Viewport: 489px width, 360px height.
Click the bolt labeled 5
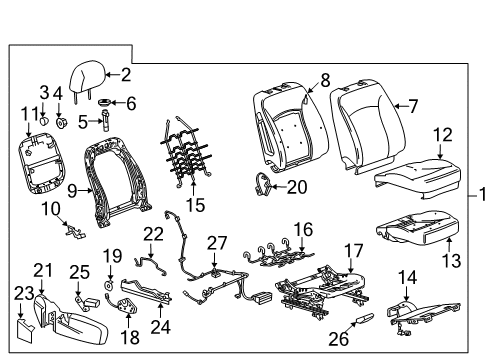[104, 123]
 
